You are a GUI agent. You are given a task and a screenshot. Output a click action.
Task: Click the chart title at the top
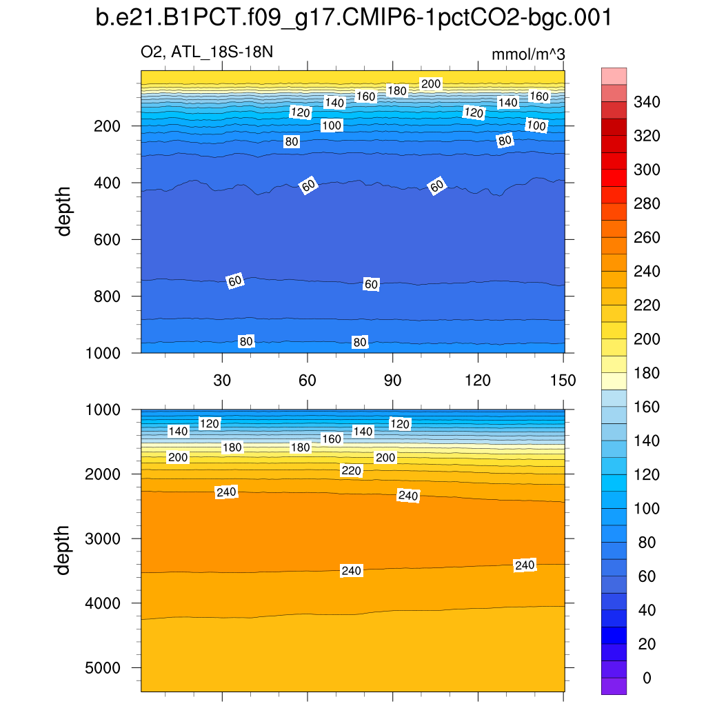[x=353, y=19]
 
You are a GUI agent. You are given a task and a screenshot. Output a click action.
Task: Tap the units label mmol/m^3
[x=528, y=54]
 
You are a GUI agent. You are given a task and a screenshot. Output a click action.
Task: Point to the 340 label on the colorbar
[x=647, y=103]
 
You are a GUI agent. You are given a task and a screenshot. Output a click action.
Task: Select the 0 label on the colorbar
[x=646, y=678]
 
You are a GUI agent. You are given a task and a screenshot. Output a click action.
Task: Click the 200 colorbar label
[x=647, y=339]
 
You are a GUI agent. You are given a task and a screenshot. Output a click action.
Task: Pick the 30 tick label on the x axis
[x=222, y=381]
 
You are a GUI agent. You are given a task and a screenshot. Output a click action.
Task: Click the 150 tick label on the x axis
[x=563, y=381]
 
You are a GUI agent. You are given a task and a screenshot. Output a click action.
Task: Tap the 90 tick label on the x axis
[x=392, y=381]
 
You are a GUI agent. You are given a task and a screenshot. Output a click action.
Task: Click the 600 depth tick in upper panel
[x=107, y=240]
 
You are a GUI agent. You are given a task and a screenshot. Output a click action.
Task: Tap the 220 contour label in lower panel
[x=351, y=470]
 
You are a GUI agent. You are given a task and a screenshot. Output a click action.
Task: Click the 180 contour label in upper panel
[x=397, y=90]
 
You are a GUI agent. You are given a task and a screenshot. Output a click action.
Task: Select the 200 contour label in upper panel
[x=431, y=84]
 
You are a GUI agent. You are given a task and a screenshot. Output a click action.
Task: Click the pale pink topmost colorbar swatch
[x=614, y=76]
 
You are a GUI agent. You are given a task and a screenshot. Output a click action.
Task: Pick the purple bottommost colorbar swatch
[x=614, y=686]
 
